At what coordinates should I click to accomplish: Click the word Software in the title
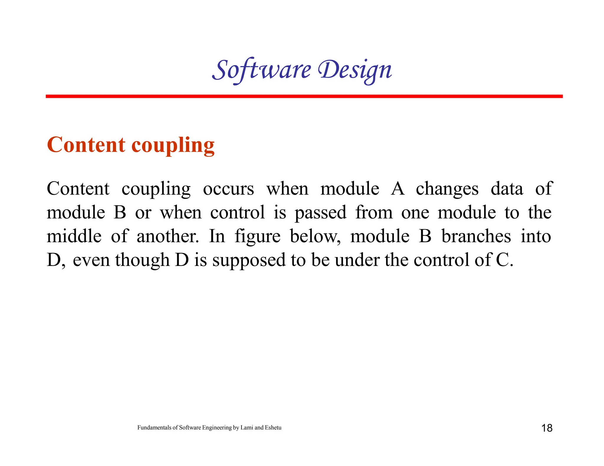click(262, 70)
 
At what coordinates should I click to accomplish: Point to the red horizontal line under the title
click(304, 96)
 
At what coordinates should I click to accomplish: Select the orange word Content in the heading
click(86, 145)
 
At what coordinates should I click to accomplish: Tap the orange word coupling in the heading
click(173, 146)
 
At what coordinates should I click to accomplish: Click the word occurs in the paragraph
click(228, 189)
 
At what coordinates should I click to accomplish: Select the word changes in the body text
click(447, 189)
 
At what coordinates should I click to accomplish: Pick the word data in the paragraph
click(507, 189)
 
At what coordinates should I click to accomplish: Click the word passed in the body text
click(321, 213)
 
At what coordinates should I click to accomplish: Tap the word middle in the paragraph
click(74, 236)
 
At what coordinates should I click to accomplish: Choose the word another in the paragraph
click(168, 236)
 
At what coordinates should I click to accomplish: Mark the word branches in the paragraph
click(476, 236)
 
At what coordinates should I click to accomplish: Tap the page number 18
click(547, 428)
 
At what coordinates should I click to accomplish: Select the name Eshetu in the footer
click(273, 428)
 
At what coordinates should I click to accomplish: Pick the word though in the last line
click(142, 261)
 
